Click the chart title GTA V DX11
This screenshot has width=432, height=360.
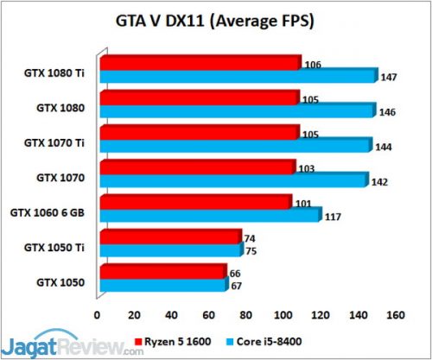pos(216,19)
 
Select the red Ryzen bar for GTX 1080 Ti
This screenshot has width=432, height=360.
pos(200,63)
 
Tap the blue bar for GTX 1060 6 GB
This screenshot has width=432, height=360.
pos(210,215)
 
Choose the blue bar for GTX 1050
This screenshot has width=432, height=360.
pos(163,285)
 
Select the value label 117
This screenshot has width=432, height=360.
pos(332,217)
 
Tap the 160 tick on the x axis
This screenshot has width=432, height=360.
pos(395,314)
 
